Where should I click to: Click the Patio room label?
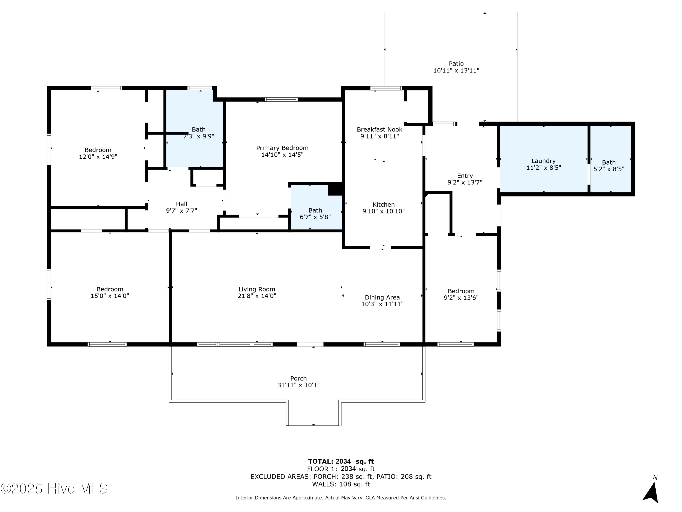[x=456, y=63]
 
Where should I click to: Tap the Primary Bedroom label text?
[x=282, y=148]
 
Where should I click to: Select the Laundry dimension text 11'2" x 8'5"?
[x=544, y=167]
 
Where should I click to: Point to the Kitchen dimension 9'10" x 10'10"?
[x=383, y=211]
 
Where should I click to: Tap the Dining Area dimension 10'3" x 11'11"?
[x=382, y=304]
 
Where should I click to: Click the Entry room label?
[x=465, y=176]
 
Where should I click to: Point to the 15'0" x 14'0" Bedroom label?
[x=110, y=289]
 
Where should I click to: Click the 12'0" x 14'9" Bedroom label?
[x=98, y=150]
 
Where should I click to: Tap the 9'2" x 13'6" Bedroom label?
[x=461, y=291]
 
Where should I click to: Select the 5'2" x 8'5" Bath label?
[x=609, y=162]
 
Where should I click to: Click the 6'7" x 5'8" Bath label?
[x=315, y=210]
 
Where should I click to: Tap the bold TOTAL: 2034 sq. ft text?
[x=341, y=461]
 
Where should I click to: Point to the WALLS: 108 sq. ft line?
[x=341, y=484]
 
